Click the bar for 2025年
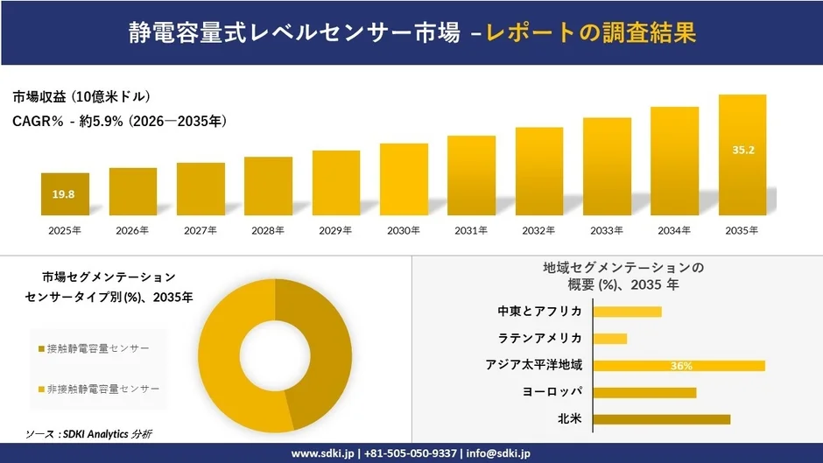[65, 194]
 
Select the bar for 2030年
[404, 179]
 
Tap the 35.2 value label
[743, 151]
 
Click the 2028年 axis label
[268, 231]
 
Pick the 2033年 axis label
[607, 231]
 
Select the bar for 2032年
[539, 172]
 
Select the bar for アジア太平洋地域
[679, 366]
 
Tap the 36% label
[681, 366]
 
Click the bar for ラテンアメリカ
[610, 339]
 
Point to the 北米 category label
[570, 419]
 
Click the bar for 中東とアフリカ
[627, 312]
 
